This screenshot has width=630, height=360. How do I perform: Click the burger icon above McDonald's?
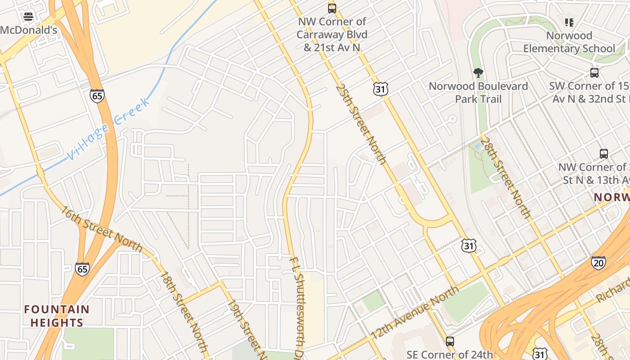pos(28,17)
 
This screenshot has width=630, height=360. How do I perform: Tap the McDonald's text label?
pos(29,30)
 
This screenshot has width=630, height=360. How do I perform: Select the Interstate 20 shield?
pos(598,263)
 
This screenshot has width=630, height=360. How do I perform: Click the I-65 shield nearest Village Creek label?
pos(97,96)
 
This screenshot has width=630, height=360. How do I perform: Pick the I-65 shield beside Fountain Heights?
pos(82,269)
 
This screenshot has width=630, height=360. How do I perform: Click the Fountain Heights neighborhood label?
pos(57,316)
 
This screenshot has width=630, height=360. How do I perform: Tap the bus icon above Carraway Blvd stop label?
pos(332,8)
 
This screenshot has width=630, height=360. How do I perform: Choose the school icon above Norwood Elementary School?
pos(569,22)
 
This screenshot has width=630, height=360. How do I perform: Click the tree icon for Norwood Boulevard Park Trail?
pos(478,73)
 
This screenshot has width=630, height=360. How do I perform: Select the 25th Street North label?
pos(361,123)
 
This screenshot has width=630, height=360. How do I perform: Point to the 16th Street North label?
pos(102,229)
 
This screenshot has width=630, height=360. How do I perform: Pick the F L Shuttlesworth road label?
pos(298,306)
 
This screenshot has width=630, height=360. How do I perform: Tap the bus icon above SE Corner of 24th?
pos(450,341)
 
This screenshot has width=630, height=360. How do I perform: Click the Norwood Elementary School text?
pos(569,42)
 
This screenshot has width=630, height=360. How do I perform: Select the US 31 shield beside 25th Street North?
pos(380,89)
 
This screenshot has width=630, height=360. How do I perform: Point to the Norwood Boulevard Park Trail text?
pos(478,92)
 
